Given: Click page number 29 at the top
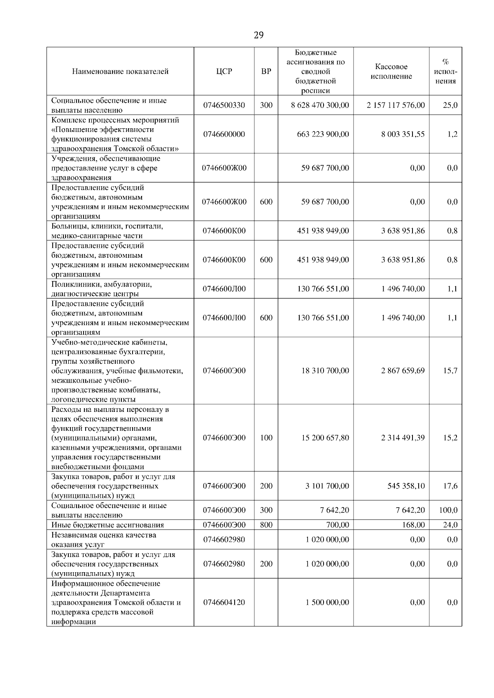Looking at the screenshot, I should tap(258, 35).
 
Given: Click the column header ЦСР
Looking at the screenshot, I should tap(224, 72).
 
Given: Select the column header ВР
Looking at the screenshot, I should tap(266, 72).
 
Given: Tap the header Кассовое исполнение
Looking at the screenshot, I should tap(391, 72).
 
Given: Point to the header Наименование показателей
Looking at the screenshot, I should tap(120, 72).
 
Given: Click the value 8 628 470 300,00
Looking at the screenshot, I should tap(320, 105).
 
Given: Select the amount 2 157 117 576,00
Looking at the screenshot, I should tap(396, 105).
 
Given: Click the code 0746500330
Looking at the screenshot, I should tap(224, 105).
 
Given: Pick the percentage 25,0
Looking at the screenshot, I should tap(450, 105).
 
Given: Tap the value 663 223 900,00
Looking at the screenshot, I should tap(323, 134).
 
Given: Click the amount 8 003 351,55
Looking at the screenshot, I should tap(403, 134).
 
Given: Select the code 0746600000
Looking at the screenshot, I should tap(224, 134).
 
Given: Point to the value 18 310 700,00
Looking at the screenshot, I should tap(325, 371).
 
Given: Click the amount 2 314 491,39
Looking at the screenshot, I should tap(403, 438).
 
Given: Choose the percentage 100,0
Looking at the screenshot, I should tap(448, 510).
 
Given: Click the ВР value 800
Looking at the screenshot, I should tap(266, 525).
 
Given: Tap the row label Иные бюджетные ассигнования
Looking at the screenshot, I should tap(107, 525).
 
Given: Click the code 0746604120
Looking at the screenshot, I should tap(224, 603).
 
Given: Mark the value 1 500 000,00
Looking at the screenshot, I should tap(327, 603).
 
